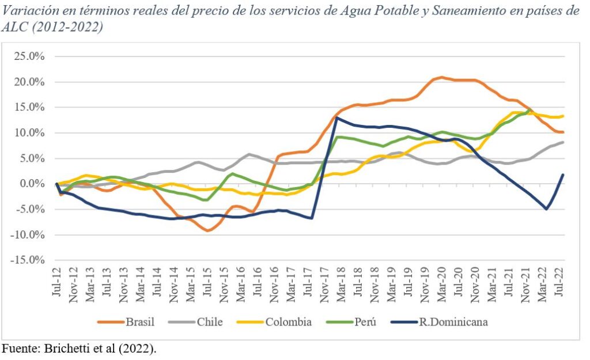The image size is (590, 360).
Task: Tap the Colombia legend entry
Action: coord(289,321)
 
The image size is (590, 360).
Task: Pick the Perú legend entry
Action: coord(365,321)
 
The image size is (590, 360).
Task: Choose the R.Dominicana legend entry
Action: coord(452,321)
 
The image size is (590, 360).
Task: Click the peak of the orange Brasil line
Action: coord(441,77)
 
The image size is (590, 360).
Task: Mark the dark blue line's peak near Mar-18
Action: coord(336,118)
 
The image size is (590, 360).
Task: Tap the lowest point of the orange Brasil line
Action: coord(208,230)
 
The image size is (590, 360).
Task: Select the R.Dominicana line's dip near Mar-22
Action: coord(546,209)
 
